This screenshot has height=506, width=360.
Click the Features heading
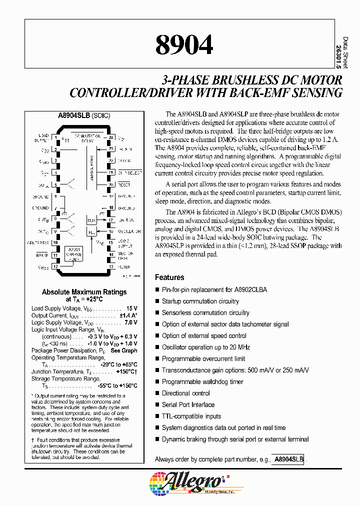169,277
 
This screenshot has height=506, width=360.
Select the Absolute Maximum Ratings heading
84,292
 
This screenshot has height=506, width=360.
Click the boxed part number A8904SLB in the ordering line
289,459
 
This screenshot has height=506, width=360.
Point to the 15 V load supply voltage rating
131,308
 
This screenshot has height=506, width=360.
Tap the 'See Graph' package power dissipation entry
124,350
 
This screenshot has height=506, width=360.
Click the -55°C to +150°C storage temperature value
114,385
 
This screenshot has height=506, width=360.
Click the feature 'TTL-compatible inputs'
191,416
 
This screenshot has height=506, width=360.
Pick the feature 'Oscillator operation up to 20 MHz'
206,347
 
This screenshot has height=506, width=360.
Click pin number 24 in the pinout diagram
110,137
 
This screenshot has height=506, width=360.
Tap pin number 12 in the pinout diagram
56,266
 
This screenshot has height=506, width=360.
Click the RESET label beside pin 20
124,184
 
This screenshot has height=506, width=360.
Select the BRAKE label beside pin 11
42,254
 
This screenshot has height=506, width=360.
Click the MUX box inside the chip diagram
91,220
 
